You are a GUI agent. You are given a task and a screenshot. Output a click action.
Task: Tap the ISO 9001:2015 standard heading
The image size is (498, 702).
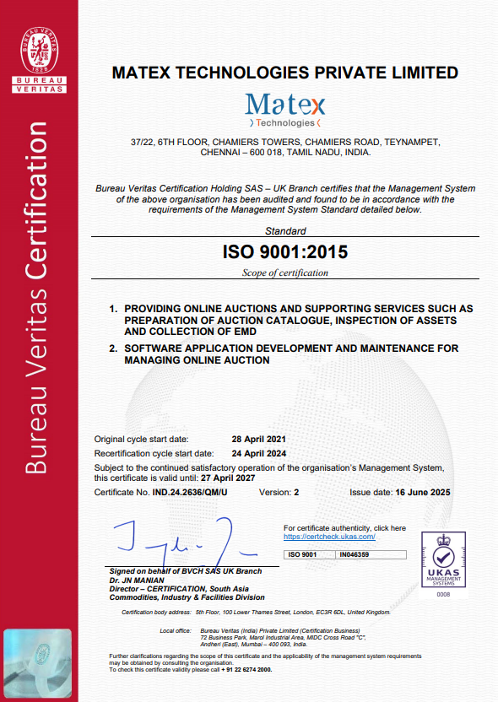click(x=284, y=251)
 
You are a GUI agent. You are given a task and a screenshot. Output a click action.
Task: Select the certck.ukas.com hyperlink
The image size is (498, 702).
click(x=329, y=537)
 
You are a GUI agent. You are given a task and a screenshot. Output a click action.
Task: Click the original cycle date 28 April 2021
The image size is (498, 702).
click(x=260, y=440)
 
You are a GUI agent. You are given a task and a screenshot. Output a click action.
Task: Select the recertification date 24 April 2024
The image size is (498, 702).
click(x=260, y=452)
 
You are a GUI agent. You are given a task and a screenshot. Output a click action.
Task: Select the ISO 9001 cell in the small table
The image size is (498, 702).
click(x=303, y=554)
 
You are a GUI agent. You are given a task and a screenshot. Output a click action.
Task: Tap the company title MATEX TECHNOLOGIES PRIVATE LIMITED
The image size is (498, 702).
click(x=284, y=73)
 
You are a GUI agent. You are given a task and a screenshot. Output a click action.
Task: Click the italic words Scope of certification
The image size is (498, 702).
click(x=284, y=273)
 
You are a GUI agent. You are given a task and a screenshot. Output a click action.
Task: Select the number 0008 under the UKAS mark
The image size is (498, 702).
click(x=443, y=594)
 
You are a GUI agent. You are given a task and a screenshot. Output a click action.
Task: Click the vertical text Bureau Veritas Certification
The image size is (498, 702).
click(x=37, y=295)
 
